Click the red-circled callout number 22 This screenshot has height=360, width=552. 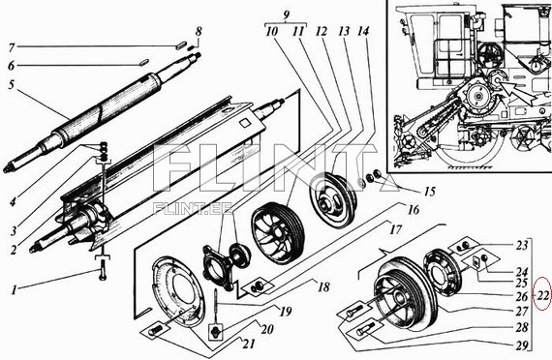click(543, 295)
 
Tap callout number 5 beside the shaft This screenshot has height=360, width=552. click(12, 85)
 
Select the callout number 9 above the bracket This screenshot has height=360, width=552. click(287, 15)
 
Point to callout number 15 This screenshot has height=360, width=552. click(429, 192)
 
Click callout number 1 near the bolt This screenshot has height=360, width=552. click(14, 290)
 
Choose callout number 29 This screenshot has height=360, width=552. click(522, 345)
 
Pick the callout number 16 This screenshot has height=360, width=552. click(414, 210)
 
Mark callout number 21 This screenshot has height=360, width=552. click(249, 344)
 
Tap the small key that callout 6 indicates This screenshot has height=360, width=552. click(142, 63)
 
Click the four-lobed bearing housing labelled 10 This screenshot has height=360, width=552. click(217, 267)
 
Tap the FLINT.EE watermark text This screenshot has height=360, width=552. click(193, 209)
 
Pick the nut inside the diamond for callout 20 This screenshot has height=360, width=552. click(216, 332)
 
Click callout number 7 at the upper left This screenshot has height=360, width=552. click(12, 47)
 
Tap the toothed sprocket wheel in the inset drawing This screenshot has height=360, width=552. click(478, 96)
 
